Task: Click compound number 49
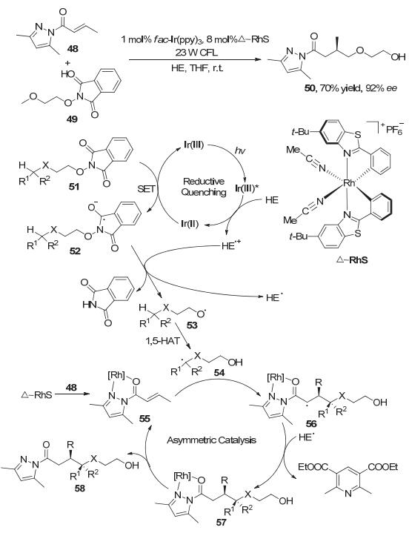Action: click(72, 119)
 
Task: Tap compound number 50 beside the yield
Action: click(310, 90)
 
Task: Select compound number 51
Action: click(73, 186)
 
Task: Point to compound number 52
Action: click(76, 251)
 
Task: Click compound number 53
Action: click(192, 325)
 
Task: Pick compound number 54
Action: click(220, 373)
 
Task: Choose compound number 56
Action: click(311, 423)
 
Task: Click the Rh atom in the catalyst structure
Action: click(349, 184)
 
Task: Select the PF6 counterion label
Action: click(395, 130)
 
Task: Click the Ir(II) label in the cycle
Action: click(190, 224)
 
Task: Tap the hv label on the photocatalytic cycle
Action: click(240, 150)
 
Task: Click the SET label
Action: click(146, 189)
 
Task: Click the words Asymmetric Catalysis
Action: click(211, 440)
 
